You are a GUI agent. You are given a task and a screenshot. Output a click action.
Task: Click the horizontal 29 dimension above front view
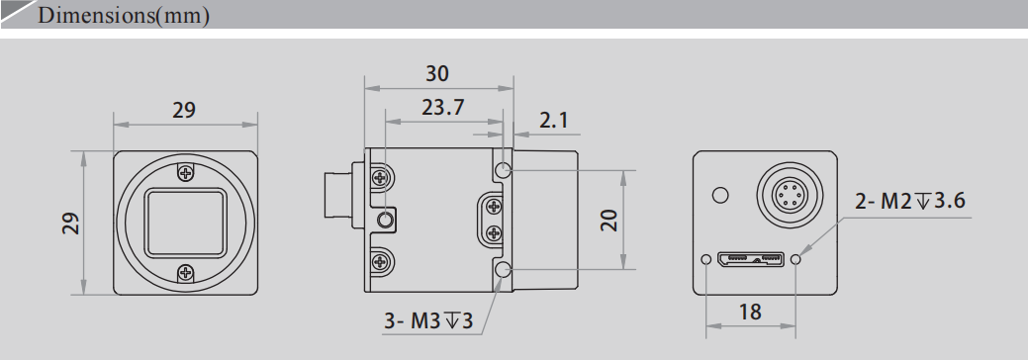(184, 111)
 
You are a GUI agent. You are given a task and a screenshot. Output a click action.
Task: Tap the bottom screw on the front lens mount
(185, 273)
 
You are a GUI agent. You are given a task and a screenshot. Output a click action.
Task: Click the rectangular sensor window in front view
(185, 224)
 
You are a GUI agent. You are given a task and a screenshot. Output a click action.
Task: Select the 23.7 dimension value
(442, 108)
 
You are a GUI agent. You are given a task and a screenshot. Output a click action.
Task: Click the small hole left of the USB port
(704, 260)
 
